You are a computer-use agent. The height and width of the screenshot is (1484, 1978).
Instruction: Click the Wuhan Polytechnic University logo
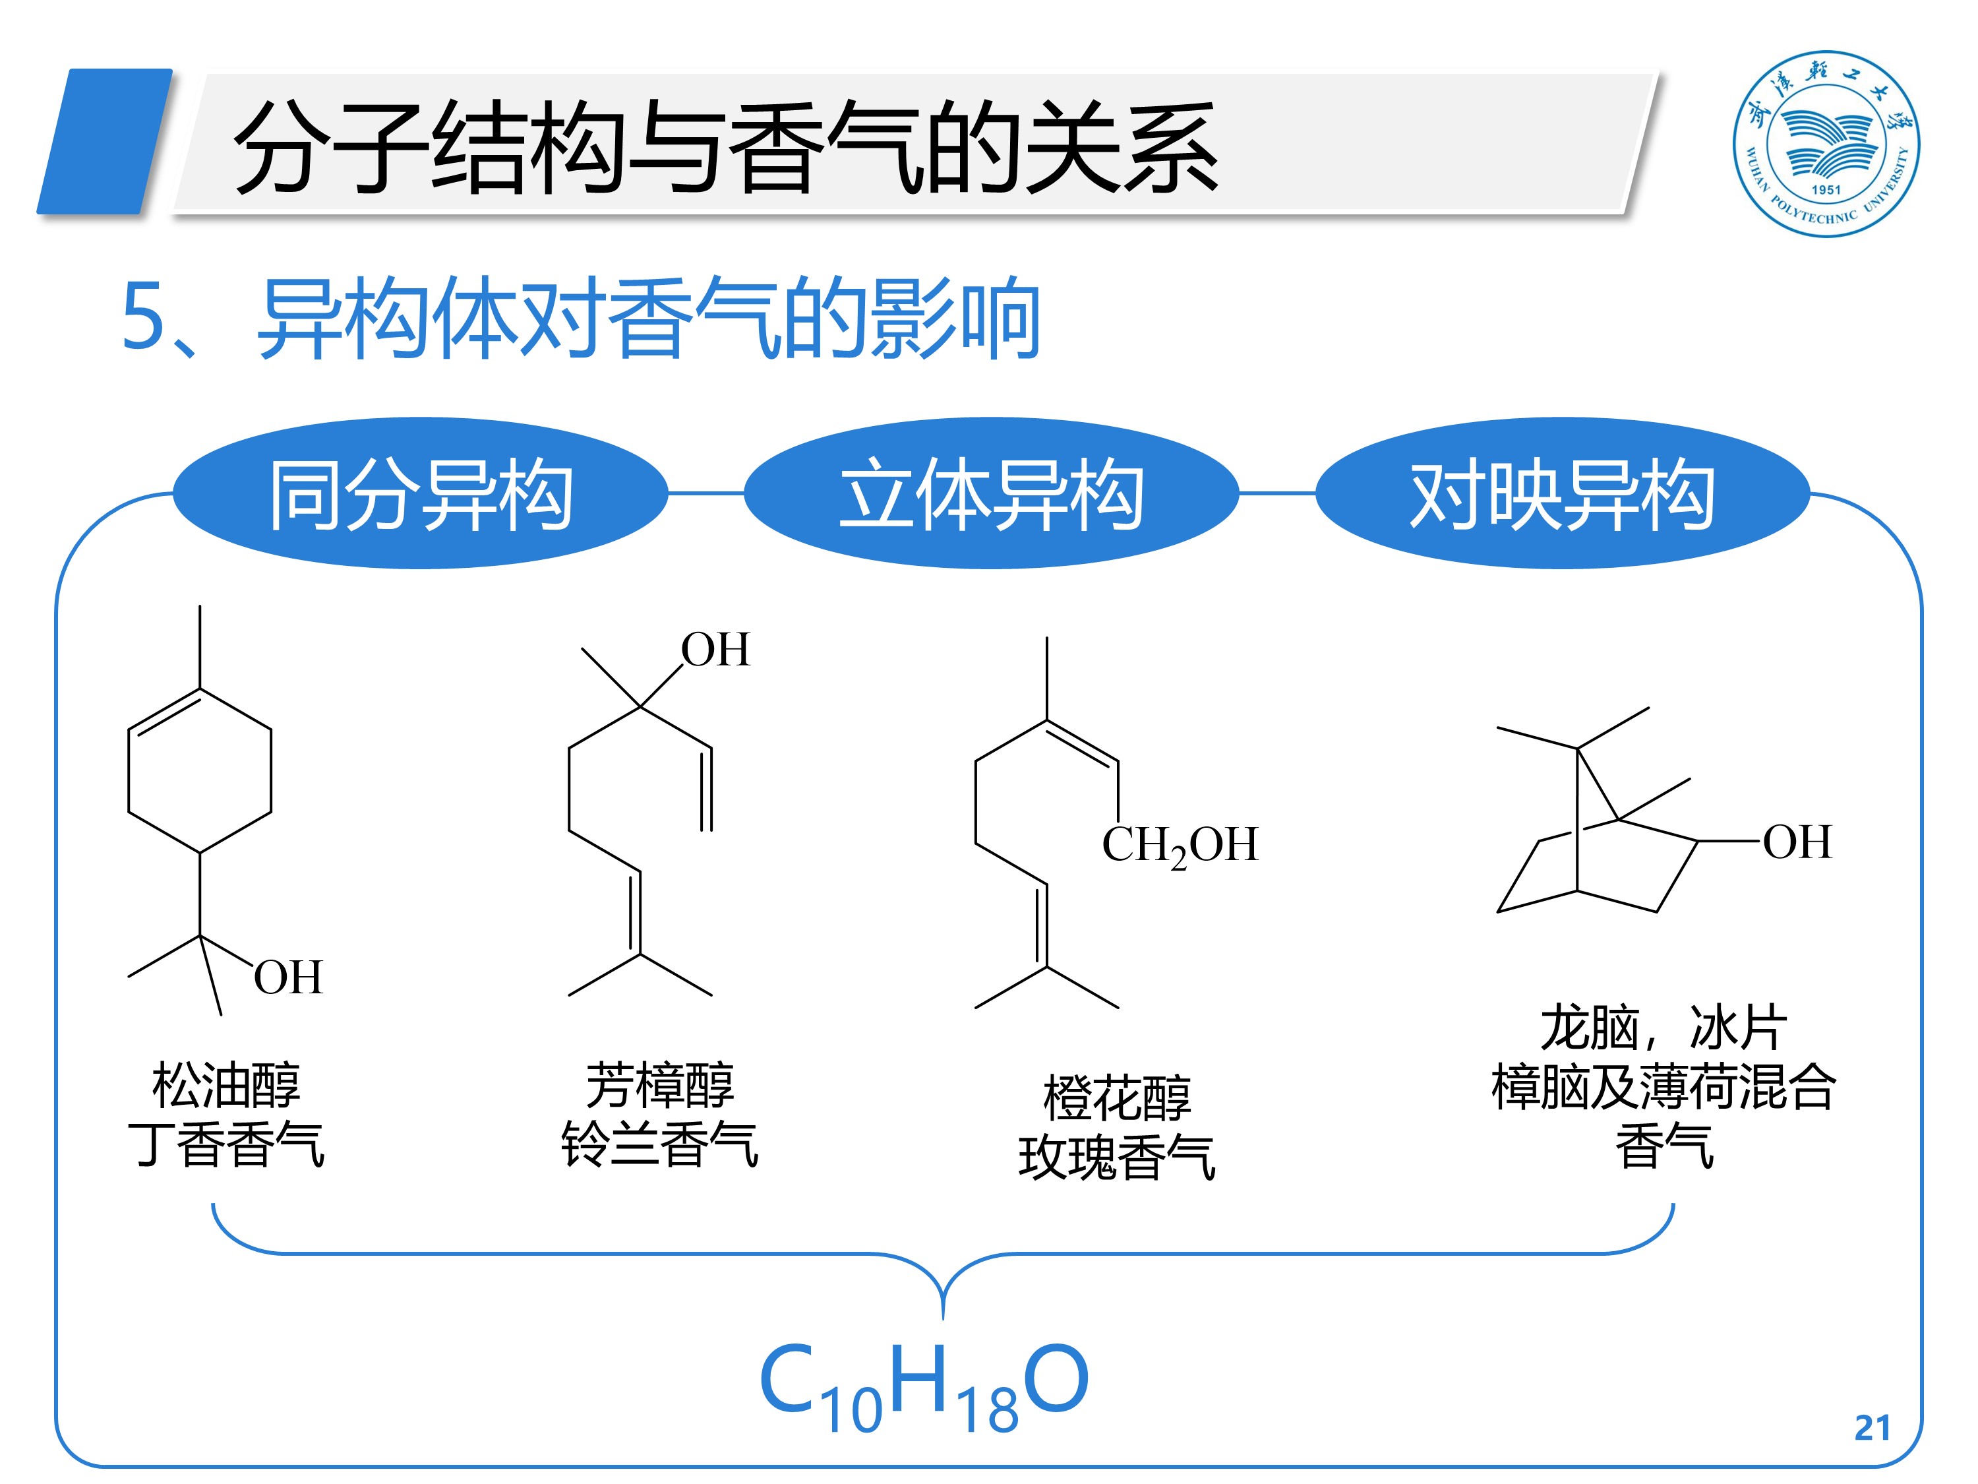(1825, 143)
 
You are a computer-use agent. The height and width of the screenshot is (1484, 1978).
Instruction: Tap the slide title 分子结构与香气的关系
(725, 148)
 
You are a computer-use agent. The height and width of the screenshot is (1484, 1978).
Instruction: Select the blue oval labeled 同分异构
(420, 493)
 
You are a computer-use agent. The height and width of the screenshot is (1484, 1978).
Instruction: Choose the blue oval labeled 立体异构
(991, 493)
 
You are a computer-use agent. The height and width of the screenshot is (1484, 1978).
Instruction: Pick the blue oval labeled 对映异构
(1561, 493)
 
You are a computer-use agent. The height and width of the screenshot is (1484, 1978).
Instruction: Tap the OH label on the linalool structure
(715, 650)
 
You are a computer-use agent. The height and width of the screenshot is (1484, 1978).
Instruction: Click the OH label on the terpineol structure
(287, 977)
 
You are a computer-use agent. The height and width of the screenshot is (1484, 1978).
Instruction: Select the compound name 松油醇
(226, 1085)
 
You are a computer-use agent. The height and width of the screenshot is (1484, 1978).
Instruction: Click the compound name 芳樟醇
(660, 1085)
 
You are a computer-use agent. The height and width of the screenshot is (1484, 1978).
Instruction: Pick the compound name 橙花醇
(1117, 1098)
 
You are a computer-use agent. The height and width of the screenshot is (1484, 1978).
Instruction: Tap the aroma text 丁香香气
(226, 1144)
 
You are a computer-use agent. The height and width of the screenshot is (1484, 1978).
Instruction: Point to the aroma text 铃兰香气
(660, 1144)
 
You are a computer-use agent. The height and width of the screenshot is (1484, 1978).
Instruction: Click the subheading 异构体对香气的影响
(648, 319)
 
